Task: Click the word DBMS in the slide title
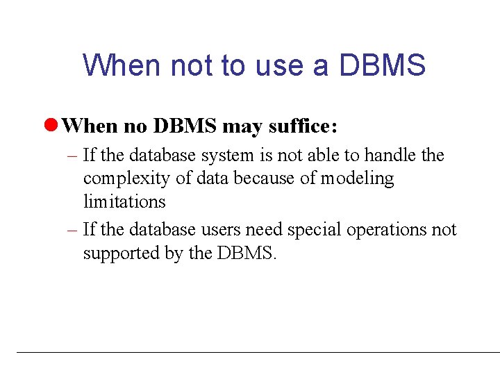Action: pyautogui.click(x=382, y=65)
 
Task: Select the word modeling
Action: pyautogui.click(x=357, y=178)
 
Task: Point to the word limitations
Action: pyautogui.click(x=124, y=202)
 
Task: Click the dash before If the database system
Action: pyautogui.click(x=74, y=155)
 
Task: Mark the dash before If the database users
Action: pyautogui.click(x=74, y=229)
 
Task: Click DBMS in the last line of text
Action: pyautogui.click(x=246, y=253)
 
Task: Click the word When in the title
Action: pyautogui.click(x=122, y=65)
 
